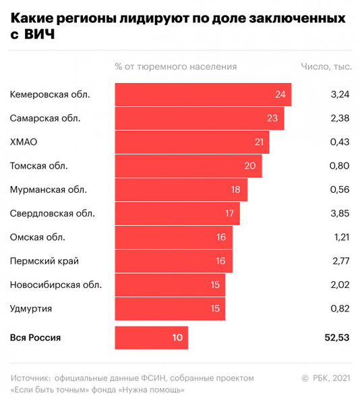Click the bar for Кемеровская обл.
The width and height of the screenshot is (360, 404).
(x=203, y=94)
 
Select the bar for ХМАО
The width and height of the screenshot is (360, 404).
(x=192, y=142)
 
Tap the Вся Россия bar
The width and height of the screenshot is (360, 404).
(x=152, y=337)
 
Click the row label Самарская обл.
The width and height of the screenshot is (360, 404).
(x=45, y=118)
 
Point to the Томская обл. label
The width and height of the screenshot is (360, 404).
(x=39, y=166)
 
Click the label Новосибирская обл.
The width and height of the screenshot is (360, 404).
(x=56, y=285)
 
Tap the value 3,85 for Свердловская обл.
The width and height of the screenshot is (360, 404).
(x=340, y=214)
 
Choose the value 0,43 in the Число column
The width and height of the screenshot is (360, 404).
(x=340, y=142)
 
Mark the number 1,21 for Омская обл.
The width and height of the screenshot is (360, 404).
(x=340, y=237)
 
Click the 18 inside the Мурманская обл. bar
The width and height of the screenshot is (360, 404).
(x=235, y=190)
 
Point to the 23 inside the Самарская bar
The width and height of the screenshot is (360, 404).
(x=272, y=118)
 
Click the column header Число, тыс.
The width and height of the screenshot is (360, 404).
(x=324, y=66)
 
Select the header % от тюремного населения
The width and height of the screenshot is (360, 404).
(x=176, y=66)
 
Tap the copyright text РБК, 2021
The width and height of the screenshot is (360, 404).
(x=330, y=377)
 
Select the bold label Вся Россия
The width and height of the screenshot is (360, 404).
(x=36, y=337)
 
